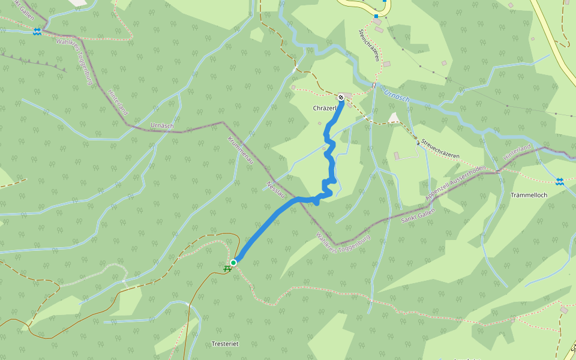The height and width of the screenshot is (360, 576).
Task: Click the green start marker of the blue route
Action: click(x=233, y=262)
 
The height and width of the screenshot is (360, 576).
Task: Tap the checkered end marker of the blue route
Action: click(x=341, y=97)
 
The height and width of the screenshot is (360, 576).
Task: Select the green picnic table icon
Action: click(x=227, y=268)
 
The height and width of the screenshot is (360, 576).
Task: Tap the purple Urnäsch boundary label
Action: click(x=162, y=127)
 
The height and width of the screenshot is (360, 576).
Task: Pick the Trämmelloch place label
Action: click(x=529, y=195)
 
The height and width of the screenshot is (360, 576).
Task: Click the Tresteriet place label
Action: click(x=226, y=344)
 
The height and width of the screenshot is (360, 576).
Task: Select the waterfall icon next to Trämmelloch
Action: click(x=559, y=180)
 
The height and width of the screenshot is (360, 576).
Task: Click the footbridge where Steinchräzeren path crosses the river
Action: click(x=373, y=85)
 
